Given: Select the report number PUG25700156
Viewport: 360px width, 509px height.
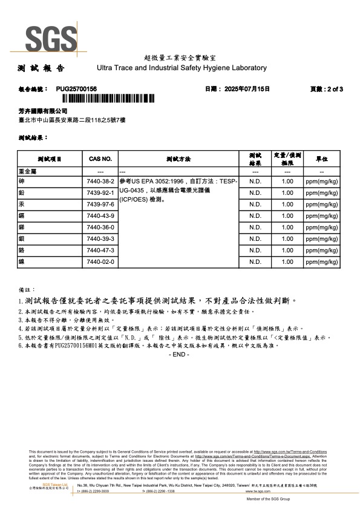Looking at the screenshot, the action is click(76, 88).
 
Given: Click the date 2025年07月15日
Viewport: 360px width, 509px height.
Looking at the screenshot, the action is click(246, 88).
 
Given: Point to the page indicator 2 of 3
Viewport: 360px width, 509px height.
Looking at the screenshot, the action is click(330, 88).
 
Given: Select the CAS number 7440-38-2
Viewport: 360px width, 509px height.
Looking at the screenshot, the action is click(100, 181).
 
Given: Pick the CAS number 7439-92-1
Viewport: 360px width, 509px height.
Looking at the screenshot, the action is click(100, 192).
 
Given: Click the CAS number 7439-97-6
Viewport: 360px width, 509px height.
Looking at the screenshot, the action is click(100, 204).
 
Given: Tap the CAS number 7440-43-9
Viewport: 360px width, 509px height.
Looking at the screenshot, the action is click(100, 215).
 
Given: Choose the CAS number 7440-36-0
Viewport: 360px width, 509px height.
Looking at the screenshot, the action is click(100, 227).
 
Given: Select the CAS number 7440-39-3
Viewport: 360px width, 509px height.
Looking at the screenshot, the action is click(100, 238).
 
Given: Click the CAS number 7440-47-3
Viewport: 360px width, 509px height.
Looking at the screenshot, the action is click(100, 250).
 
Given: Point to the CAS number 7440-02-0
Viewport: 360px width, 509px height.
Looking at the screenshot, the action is click(100, 261).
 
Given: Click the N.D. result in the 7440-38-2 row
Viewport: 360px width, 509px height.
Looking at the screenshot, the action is click(255, 181).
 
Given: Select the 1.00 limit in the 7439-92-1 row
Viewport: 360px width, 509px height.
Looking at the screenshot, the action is click(288, 192).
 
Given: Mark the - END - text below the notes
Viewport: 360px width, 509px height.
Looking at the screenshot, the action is click(180, 354).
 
